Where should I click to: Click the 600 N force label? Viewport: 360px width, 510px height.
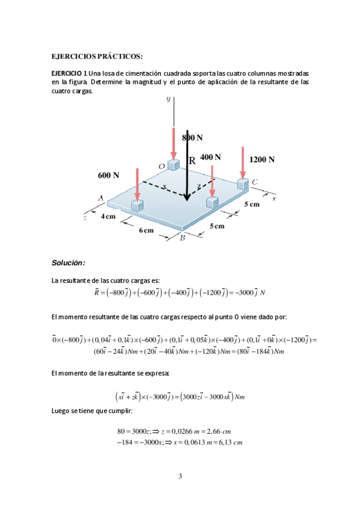point(109,175)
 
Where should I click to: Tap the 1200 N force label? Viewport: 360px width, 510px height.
point(262,159)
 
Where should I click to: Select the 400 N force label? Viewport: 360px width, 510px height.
point(210,157)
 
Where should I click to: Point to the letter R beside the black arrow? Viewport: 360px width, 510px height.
point(192,161)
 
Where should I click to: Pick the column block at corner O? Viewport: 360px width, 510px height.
point(174,164)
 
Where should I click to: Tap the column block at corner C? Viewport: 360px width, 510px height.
point(243,183)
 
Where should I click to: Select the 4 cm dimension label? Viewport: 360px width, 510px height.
point(108,216)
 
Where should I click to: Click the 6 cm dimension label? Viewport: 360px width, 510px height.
point(146,231)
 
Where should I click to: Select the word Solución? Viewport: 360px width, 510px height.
point(69,263)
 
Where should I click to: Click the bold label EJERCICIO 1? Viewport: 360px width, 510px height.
point(70,73)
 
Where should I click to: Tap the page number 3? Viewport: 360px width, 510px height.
point(180,478)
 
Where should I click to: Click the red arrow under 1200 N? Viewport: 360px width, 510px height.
point(243,161)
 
